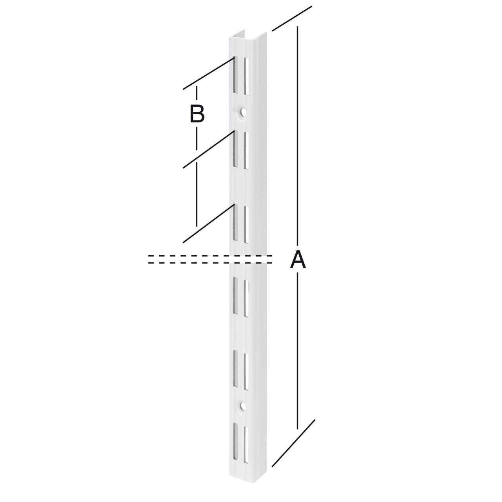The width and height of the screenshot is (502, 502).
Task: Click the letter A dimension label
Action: pos(298,260)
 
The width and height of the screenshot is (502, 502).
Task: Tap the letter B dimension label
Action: pos(197,114)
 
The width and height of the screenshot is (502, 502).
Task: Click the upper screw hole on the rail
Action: pos(243,112)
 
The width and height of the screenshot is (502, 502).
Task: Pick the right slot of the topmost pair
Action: pos(247,76)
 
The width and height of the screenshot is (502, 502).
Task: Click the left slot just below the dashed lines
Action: pos(235,295)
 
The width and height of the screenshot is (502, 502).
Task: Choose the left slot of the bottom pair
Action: pos(235,441)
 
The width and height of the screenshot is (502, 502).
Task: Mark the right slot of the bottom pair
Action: pos(247,443)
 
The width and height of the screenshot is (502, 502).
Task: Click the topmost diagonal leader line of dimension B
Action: pos(208,73)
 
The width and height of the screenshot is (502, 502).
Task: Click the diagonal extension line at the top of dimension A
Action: pos(292,18)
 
